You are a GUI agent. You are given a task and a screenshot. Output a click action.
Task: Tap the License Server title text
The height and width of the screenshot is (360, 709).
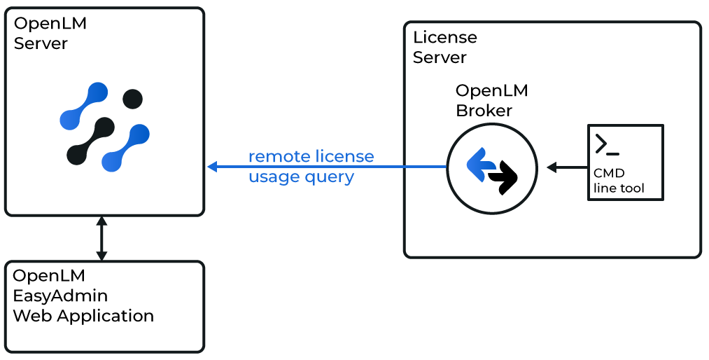pyautogui.click(x=444, y=48)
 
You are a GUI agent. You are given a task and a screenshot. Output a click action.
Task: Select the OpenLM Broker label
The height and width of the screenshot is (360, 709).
pyautogui.click(x=491, y=101)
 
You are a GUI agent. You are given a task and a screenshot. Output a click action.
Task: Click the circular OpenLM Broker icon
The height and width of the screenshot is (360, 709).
pyautogui.click(x=491, y=169)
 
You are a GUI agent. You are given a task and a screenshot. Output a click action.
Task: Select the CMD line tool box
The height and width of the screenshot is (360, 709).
pyautogui.click(x=624, y=162)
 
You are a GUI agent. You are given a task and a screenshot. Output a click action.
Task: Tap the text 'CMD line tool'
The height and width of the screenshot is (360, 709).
pyautogui.click(x=619, y=181)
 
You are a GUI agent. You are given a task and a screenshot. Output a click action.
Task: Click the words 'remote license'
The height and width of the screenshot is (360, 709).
pyautogui.click(x=311, y=156)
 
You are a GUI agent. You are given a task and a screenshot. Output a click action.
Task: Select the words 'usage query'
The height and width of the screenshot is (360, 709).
pyautogui.click(x=301, y=176)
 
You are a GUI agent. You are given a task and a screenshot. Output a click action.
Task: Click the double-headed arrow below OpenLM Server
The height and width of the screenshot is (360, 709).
pyautogui.click(x=101, y=238)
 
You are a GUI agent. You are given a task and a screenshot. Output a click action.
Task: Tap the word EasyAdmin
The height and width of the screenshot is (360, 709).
pyautogui.click(x=60, y=295)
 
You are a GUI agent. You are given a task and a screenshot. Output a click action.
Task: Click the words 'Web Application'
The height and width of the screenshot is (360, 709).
pyautogui.click(x=83, y=315)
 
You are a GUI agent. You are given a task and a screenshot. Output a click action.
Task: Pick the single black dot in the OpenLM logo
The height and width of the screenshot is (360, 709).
pyautogui.click(x=133, y=99)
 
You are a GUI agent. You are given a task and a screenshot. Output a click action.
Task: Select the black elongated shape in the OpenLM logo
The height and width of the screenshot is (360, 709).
pyautogui.click(x=90, y=141)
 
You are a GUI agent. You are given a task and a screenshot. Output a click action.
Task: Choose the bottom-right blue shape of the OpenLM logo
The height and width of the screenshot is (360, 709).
pyautogui.click(x=126, y=148)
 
